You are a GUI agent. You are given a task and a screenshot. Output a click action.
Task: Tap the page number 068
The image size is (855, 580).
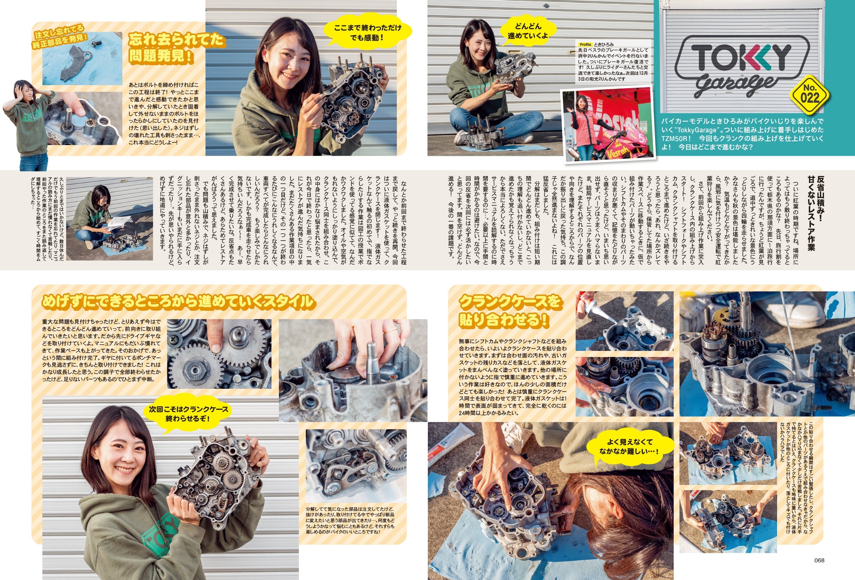coord(819,560)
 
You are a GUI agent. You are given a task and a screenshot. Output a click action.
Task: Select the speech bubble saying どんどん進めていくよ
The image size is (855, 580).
coord(527,31)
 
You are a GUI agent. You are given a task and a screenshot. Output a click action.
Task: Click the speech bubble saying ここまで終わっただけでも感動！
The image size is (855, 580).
coord(367,32)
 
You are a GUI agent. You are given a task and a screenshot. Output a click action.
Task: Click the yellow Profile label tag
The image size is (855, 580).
coord(585,44)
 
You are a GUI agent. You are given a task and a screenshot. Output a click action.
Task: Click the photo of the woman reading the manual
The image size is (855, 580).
coord(109,219)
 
